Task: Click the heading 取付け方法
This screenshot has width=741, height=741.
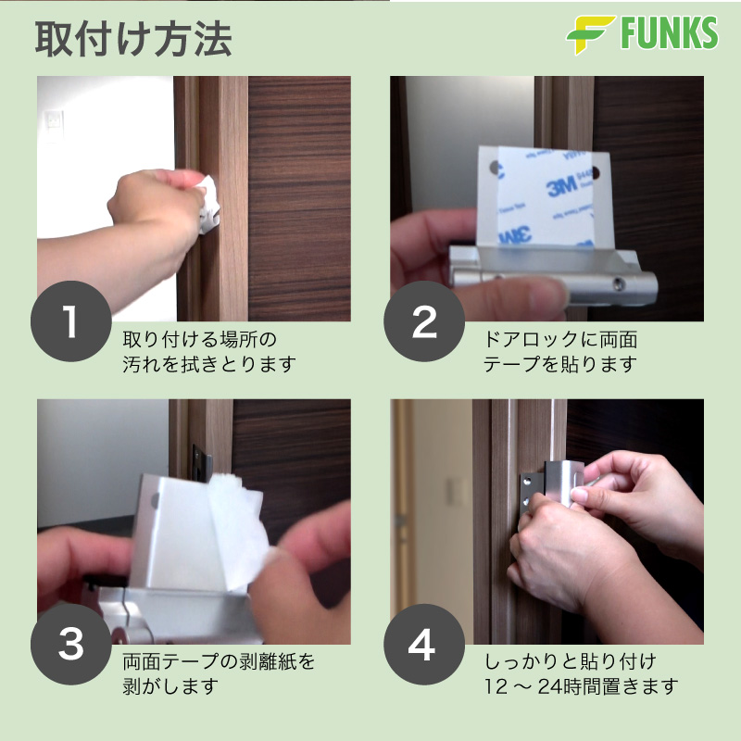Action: (x=133, y=39)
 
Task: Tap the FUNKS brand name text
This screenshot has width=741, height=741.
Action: (x=669, y=32)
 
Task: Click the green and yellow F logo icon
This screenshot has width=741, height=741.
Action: (x=591, y=34)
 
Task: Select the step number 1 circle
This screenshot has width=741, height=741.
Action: (x=71, y=321)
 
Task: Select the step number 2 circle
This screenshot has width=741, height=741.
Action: (x=424, y=321)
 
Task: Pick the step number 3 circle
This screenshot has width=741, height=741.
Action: (x=71, y=644)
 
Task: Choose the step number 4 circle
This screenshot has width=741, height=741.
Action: (x=424, y=644)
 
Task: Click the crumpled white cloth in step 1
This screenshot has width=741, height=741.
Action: (x=207, y=204)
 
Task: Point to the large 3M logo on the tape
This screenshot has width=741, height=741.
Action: (x=561, y=186)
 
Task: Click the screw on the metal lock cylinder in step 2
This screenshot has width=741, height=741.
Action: (x=618, y=283)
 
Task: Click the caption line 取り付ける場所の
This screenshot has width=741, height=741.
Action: (x=199, y=339)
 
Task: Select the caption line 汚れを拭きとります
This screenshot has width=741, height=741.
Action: (x=209, y=364)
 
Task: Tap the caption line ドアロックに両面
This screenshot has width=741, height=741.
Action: (x=560, y=339)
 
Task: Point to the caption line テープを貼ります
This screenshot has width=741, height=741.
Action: (x=560, y=364)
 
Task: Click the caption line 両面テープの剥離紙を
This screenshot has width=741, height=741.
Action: (x=219, y=661)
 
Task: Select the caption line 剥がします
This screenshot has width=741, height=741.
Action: (x=170, y=686)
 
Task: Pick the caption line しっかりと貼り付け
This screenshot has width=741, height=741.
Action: (x=570, y=661)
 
